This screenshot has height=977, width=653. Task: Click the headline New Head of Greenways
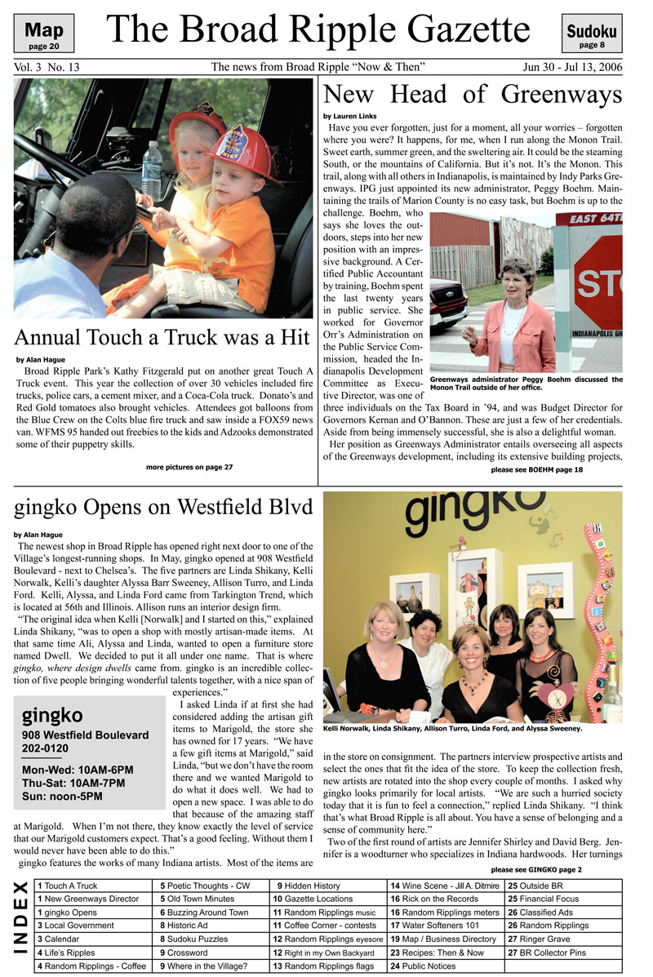[x=473, y=95]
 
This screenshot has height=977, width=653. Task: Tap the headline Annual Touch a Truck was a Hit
[x=162, y=337]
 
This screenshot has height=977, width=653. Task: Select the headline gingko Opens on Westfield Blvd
[x=162, y=509]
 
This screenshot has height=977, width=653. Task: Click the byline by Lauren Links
[x=350, y=117]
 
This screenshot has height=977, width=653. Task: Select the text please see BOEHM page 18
[x=537, y=470]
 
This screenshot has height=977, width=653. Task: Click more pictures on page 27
[x=189, y=467]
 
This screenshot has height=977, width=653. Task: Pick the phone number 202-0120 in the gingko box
[x=46, y=748]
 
